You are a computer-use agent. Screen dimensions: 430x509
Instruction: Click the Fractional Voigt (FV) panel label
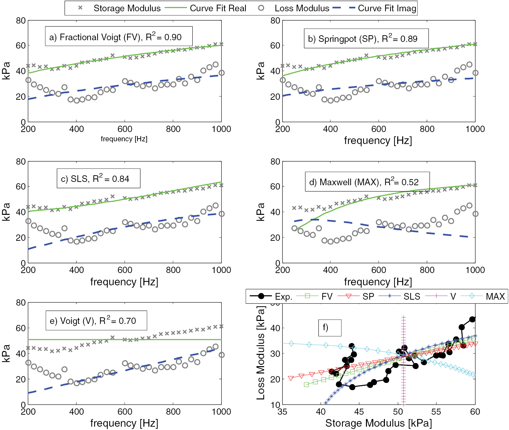point(118,37)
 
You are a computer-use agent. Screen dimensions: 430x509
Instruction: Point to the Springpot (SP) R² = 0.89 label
point(366,39)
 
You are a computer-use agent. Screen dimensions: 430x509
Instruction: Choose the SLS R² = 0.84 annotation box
point(98,179)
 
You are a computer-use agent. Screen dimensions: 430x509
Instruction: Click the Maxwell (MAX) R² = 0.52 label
point(367,182)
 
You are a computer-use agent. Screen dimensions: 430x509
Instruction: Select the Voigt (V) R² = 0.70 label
point(96,321)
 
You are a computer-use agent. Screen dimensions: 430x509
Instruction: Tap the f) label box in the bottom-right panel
point(329,328)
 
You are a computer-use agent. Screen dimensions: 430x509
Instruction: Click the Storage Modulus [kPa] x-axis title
point(378,423)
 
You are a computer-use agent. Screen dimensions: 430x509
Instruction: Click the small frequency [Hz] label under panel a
point(124,139)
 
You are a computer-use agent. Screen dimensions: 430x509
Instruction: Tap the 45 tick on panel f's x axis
point(359,412)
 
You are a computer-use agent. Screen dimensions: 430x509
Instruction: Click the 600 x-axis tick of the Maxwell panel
point(379,270)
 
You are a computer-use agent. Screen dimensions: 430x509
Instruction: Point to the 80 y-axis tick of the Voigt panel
point(21,303)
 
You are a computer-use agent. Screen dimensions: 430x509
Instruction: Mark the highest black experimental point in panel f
point(472,319)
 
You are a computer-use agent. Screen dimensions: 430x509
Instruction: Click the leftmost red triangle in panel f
point(291,378)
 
